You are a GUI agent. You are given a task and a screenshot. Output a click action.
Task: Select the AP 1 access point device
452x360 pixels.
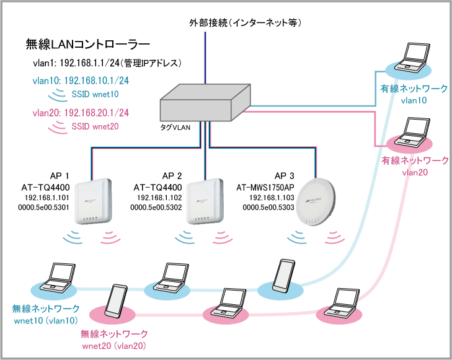pos(93,202)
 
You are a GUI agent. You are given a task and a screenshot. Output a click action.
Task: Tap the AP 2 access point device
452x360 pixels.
pos(204,202)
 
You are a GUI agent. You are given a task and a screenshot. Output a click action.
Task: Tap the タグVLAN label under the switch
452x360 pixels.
pos(180,126)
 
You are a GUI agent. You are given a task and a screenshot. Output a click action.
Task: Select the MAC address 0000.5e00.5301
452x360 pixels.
pos(46,206)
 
